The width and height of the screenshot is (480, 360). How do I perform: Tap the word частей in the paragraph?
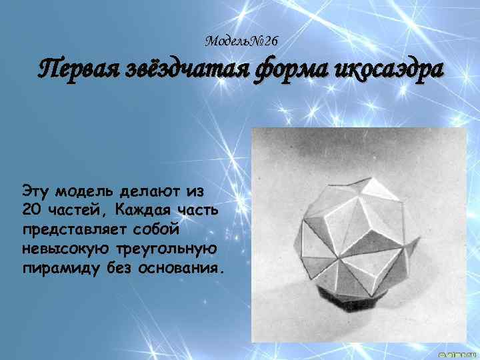tap(77, 211)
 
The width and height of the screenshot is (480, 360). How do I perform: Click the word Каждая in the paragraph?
tap(142, 211)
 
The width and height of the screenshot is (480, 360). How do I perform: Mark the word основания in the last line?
tap(182, 268)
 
